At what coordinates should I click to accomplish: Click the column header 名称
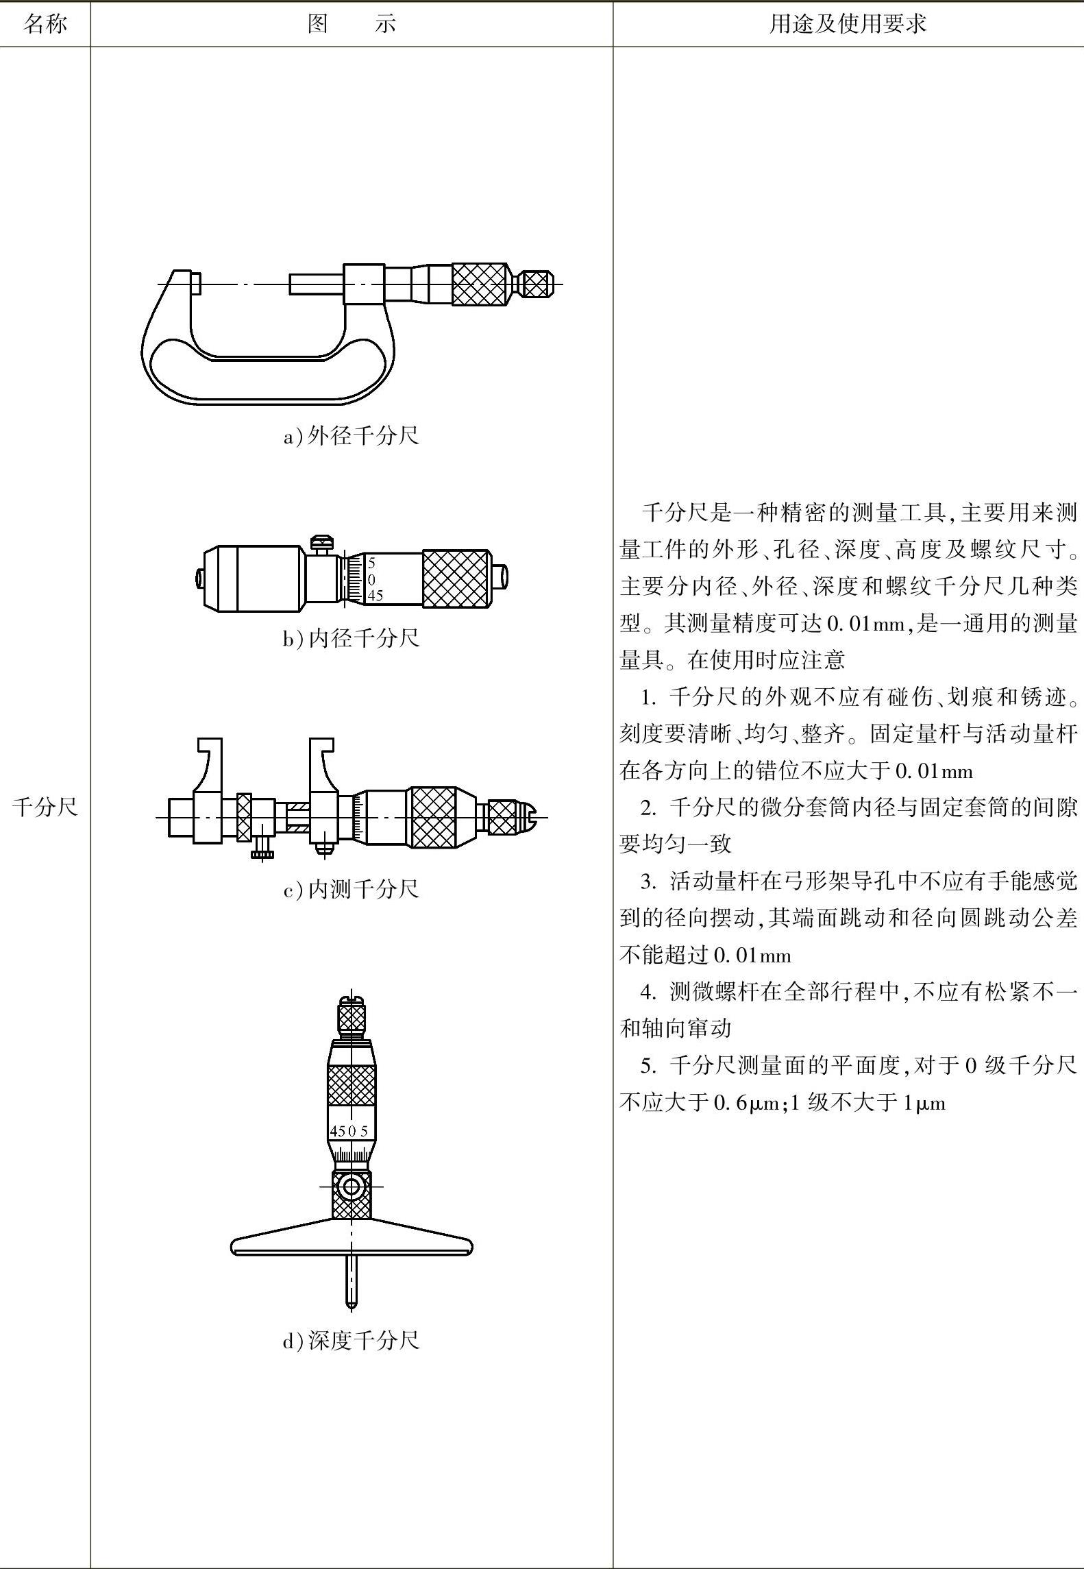tap(45, 25)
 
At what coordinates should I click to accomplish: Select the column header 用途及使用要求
tap(848, 25)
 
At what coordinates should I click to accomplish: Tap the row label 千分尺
tap(45, 807)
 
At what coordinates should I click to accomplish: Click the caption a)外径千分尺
tap(351, 436)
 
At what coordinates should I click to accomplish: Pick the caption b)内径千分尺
tap(351, 638)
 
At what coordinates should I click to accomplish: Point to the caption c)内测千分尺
tap(351, 889)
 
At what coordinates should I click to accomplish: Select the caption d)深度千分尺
tap(351, 1340)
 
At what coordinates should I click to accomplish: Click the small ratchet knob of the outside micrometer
tap(537, 284)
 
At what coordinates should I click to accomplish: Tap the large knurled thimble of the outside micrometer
tap(479, 284)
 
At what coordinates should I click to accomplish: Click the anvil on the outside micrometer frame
tap(195, 284)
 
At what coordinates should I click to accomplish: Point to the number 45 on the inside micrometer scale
tap(375, 596)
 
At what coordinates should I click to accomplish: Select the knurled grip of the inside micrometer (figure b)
tap(456, 579)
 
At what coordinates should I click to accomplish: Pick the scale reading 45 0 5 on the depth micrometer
tap(349, 1131)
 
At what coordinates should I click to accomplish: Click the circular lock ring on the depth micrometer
tap(352, 1187)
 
